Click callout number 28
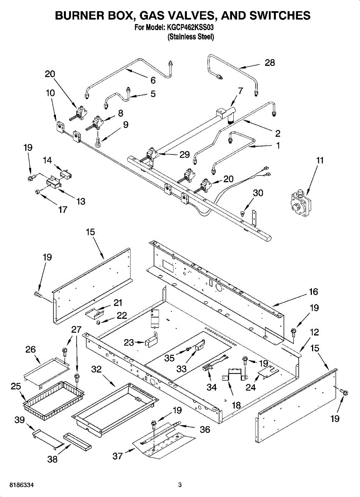270,63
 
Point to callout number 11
319,160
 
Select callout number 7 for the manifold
240,91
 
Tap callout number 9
126,125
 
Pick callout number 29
184,154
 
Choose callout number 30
258,193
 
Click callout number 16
313,292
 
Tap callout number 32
97,369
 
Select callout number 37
117,456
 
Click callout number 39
20,420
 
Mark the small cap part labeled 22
98,322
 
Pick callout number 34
212,387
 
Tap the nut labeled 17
38,191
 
